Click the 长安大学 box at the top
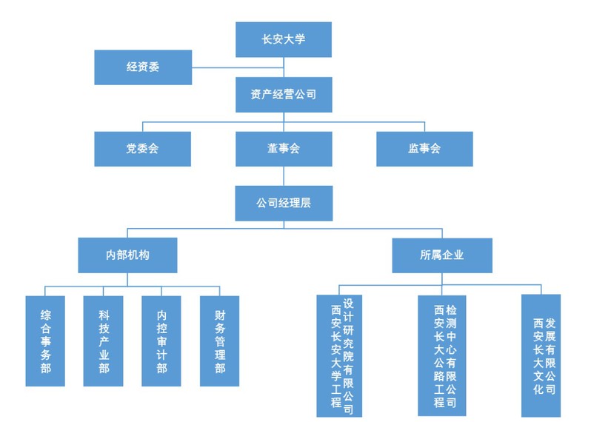283,39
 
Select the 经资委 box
143,67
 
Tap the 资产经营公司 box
283,94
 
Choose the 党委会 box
142,149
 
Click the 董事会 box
283,149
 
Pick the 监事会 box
424,149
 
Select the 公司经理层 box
283,203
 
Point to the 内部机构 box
127,255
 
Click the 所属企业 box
441,255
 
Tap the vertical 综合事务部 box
45,341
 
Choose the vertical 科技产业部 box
104,341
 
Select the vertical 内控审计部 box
161,341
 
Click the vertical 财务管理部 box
220,341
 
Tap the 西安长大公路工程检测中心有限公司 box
442,355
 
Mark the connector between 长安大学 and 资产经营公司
283,67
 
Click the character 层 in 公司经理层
305,203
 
